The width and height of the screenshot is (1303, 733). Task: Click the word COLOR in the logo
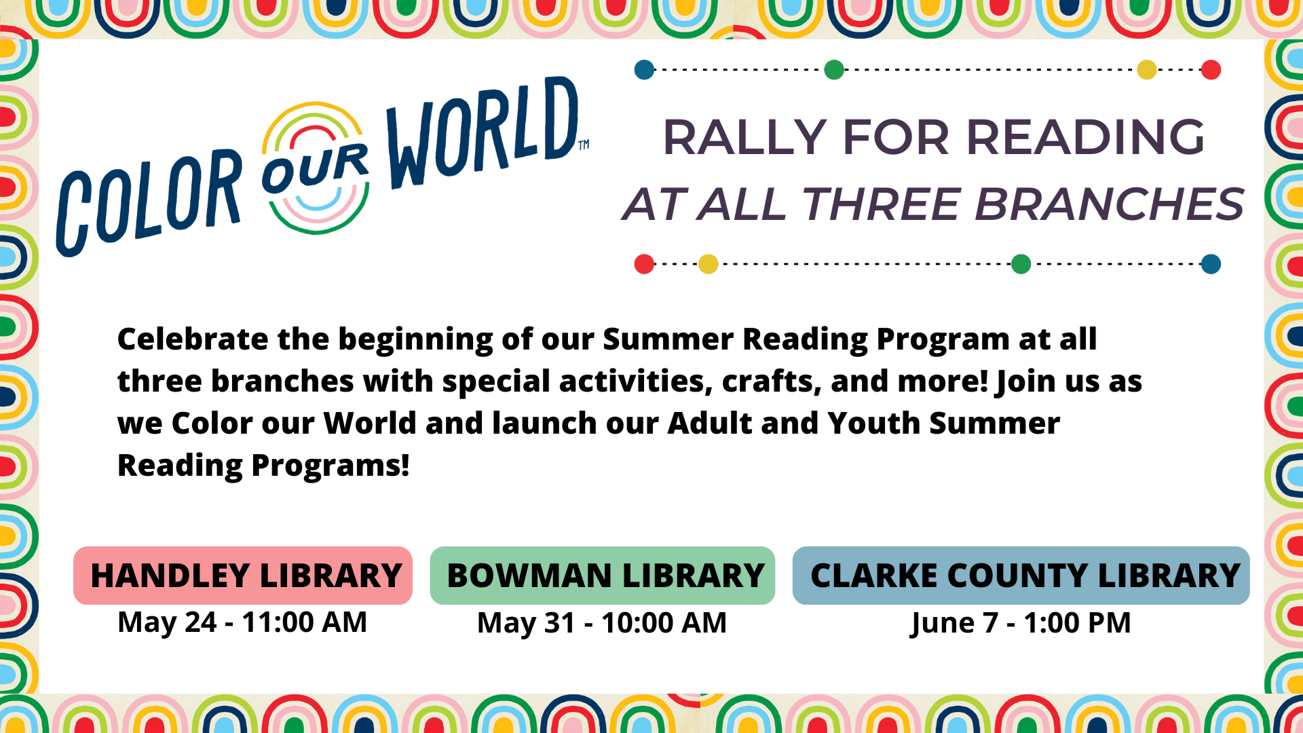[x=149, y=202]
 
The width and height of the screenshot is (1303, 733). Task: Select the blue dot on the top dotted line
[x=644, y=69]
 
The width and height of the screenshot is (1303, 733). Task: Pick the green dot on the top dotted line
[x=834, y=69]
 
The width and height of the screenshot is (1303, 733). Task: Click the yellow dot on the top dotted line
[x=1147, y=69]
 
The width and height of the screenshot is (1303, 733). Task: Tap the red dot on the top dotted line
[x=1211, y=69]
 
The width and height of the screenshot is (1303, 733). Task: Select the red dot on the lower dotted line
[x=644, y=264]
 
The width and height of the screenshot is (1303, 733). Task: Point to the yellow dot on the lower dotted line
[x=708, y=264]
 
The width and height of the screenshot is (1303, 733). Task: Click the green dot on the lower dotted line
[x=1021, y=264]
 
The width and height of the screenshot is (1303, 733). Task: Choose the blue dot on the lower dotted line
[x=1211, y=264]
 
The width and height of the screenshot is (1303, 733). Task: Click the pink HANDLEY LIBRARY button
[x=243, y=576]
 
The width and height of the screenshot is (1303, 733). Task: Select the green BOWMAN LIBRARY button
[x=603, y=576]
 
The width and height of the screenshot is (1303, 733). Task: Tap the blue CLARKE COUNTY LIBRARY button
[x=1021, y=576]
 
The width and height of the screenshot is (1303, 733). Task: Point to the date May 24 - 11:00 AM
[x=242, y=622]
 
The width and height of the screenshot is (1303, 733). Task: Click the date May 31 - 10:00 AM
[x=602, y=623]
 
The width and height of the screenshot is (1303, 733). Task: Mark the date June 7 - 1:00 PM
[x=1021, y=623]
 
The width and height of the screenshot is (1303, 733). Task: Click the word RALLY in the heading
[x=744, y=137]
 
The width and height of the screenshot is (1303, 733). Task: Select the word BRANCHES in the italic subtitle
[x=1110, y=204]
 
